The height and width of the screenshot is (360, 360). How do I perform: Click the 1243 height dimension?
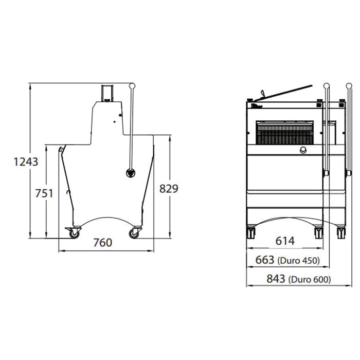[x=26, y=161]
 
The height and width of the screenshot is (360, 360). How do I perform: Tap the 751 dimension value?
[x=44, y=193]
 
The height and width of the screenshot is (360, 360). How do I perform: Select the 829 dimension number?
[x=169, y=189]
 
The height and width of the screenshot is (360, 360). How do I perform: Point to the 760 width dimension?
[x=103, y=243]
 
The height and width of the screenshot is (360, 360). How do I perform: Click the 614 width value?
[x=285, y=241]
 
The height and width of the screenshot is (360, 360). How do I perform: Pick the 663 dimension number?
[x=265, y=260]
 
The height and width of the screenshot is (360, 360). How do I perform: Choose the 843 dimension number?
[x=276, y=279]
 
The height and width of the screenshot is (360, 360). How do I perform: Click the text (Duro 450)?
[x=298, y=261]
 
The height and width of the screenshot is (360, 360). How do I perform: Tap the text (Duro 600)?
[x=310, y=279]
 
